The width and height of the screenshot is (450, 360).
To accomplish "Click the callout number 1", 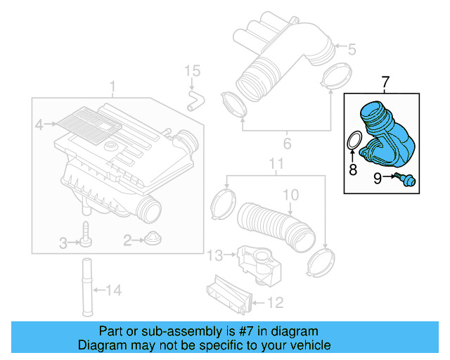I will coord(112,86).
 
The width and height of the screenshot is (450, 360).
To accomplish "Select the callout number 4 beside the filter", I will coord(39,125).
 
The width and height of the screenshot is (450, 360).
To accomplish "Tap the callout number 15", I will coord(193,71).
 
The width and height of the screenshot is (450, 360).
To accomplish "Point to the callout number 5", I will coord(352,49).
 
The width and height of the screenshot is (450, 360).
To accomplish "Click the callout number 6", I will coord(286,146).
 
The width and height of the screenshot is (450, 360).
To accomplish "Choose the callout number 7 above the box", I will coord(385,83).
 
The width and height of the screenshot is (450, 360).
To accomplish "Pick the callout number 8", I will coord(353,169).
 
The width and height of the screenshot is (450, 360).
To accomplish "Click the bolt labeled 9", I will coord(406,180).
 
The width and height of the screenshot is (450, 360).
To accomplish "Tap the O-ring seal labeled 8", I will coord(356,140).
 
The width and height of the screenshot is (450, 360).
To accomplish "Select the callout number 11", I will coord(276,166).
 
